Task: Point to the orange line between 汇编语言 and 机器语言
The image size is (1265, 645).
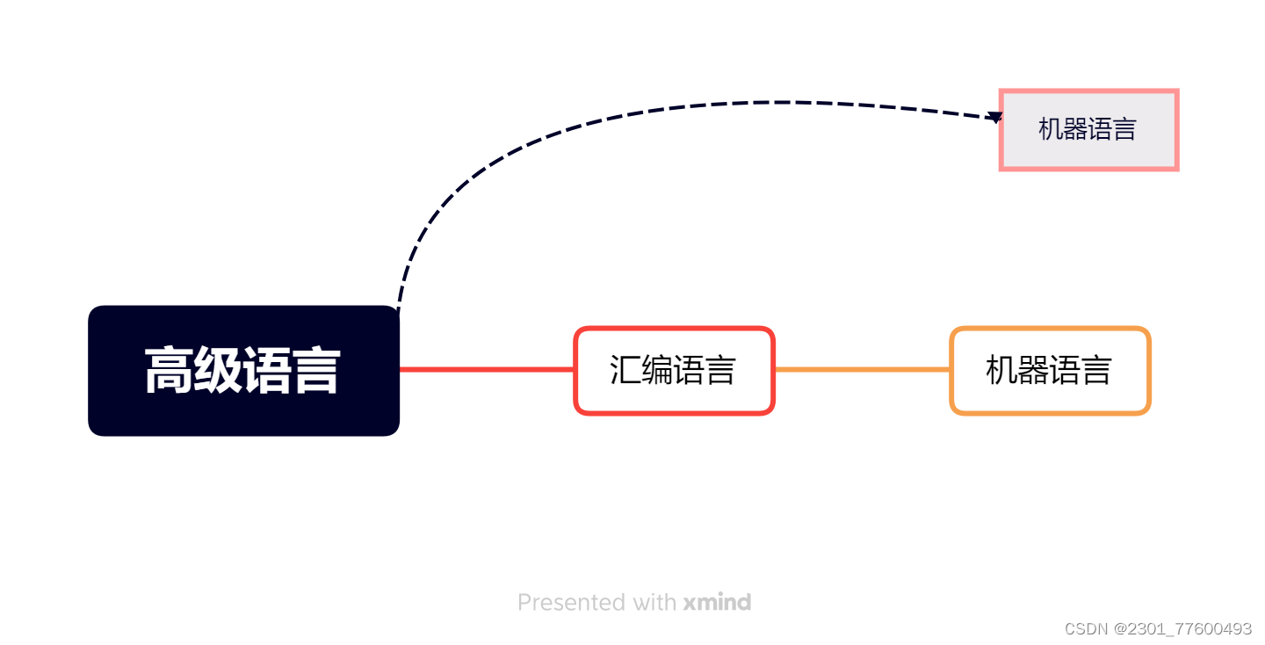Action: tap(861, 370)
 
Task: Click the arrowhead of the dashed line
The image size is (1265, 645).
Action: tap(994, 117)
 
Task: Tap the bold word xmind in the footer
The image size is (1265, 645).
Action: tap(717, 603)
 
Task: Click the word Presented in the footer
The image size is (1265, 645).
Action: tap(559, 603)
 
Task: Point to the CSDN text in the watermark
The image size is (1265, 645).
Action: tap(1087, 629)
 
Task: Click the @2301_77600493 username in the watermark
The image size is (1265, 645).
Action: tap(1183, 629)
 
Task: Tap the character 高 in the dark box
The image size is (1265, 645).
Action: tap(169, 371)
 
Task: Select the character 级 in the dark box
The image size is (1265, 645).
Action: tap(218, 371)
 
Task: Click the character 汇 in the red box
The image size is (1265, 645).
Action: tap(625, 370)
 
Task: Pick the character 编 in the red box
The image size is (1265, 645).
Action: tap(657, 370)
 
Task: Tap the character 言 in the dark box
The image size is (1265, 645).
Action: tap(316, 371)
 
